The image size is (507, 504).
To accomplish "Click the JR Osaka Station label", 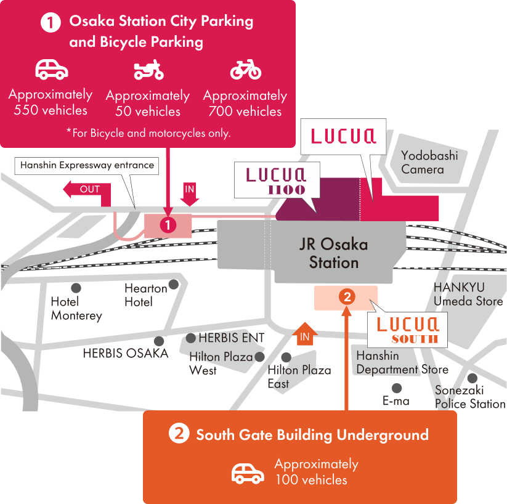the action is pos(334,253).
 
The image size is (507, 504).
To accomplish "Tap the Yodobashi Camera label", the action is pos(429,163).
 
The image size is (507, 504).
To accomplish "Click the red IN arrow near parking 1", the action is pos(190,195).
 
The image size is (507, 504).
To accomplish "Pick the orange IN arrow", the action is pos(304,334).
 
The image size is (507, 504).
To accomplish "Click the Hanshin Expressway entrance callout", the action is pos(87,166).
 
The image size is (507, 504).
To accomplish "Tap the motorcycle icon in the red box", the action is pos(148,70).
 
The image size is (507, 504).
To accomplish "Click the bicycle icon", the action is pos(246,70).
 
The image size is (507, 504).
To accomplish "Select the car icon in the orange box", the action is pos(248,474).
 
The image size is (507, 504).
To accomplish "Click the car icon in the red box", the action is pos(52,69).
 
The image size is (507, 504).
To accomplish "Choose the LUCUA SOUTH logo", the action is pos(408,330).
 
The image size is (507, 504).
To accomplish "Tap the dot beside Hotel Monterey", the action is pos(76,288).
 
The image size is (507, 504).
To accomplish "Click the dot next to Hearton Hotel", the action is pos(174,285).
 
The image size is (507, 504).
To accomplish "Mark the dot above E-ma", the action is pos(397,388).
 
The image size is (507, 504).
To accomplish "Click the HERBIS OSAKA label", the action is pos(126,353).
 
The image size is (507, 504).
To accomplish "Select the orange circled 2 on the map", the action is pos(347,297).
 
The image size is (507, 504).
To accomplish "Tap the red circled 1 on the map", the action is pos(168,225).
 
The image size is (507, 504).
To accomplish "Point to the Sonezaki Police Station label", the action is pos(470,397).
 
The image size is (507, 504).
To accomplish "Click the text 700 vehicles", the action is pos(245,112).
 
